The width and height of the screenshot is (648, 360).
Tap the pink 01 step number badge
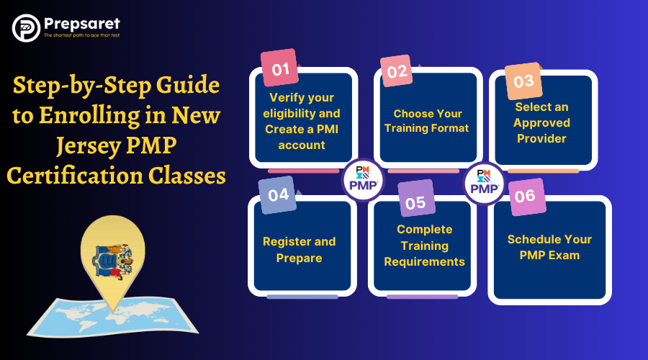[280, 69]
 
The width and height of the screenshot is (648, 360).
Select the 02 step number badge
[397, 72]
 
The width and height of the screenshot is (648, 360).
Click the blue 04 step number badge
[278, 195]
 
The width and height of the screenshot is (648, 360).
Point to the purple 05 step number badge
[415, 202]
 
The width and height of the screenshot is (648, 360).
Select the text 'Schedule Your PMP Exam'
[549, 247]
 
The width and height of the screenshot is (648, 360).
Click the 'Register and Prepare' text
[299, 249]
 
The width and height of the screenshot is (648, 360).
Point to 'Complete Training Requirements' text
[424, 246]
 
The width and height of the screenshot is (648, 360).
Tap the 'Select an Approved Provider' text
[542, 122]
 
